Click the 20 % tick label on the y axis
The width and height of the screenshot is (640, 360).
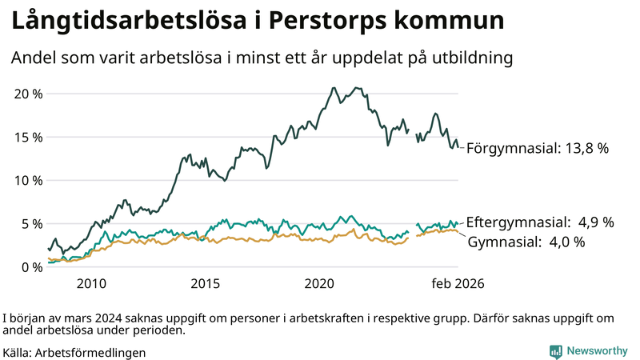point(27,94)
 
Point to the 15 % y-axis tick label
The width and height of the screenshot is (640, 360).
point(27,137)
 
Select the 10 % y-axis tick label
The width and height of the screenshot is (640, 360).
point(27,180)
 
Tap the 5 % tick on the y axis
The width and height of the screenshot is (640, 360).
point(30,223)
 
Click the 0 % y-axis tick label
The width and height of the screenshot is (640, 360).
point(30,266)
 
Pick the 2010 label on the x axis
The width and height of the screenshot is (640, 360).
point(91,284)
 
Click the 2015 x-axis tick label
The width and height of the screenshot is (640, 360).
point(206,284)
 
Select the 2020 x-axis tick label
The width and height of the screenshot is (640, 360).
point(320,284)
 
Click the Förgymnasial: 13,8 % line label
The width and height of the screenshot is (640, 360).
point(538,148)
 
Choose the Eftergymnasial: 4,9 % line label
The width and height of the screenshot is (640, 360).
point(540,222)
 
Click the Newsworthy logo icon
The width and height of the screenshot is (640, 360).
point(555,351)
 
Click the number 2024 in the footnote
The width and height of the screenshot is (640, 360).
point(107,318)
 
